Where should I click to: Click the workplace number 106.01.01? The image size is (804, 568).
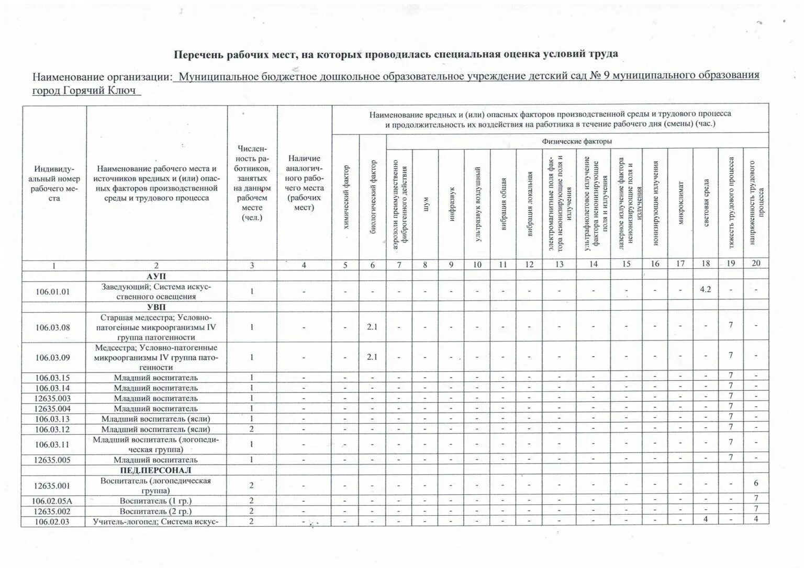point(53,291)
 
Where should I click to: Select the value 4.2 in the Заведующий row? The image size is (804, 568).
point(705,289)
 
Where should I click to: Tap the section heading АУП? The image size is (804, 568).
point(157,276)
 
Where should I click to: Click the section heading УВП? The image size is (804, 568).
point(157,307)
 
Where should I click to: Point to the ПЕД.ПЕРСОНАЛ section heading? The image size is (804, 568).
point(157,470)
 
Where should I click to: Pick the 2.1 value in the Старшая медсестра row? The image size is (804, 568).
point(372,327)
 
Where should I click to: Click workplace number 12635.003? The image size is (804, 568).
point(53,398)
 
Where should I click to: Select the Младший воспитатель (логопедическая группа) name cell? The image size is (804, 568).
point(157,445)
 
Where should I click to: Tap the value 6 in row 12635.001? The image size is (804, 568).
point(756,483)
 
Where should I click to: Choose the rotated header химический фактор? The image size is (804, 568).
point(345,198)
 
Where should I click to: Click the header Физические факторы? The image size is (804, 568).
point(576,141)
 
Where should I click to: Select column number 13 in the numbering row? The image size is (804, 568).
point(559,265)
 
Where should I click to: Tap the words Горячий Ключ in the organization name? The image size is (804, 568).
point(98,90)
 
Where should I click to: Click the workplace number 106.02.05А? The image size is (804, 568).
point(53,501)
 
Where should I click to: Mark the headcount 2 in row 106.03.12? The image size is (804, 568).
point(252,429)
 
